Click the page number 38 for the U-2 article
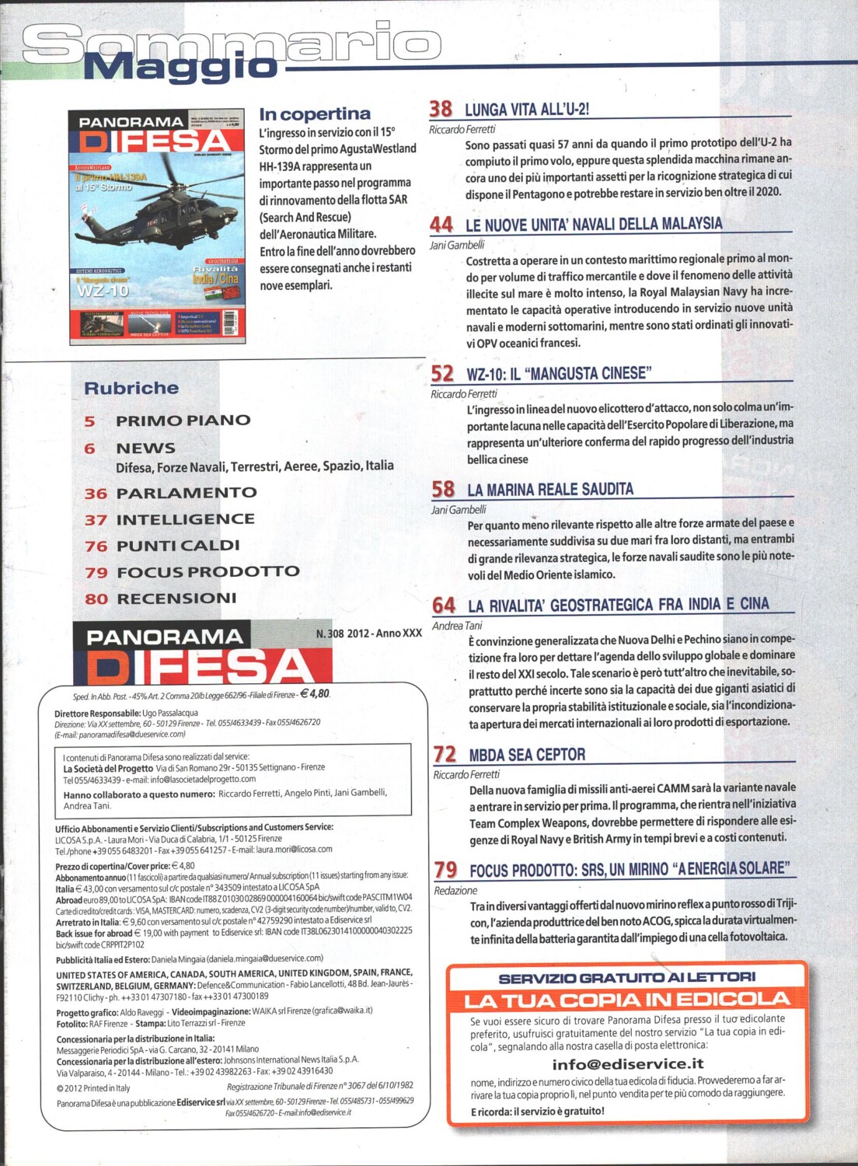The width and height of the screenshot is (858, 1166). pos(441,109)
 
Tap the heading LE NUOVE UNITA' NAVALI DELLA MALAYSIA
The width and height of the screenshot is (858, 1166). pos(594,225)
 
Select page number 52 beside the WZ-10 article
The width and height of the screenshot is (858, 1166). pos(442,374)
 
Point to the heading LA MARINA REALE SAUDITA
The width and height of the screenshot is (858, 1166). pos(550,490)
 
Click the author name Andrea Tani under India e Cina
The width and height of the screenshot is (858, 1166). pos(457,626)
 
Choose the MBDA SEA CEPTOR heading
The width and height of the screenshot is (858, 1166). pos(527,755)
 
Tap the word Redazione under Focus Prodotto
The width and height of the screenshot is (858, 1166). pos(455,891)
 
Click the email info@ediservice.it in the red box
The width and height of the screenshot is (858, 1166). pos(627,1064)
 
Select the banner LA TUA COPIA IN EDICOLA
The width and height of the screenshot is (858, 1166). pos(626,1000)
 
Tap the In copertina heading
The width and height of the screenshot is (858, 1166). pos(315,114)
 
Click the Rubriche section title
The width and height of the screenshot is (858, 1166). pos(131,388)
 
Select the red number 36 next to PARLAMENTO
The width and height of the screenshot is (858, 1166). pos(96,494)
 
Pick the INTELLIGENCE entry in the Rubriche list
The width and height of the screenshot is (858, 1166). pos(185,519)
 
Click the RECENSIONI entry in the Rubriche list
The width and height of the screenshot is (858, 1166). pos(176,599)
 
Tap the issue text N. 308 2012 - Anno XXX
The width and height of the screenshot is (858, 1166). pos(369,634)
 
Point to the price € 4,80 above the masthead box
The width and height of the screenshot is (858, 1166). pos(315,694)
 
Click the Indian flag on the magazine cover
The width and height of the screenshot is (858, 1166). pos(211,294)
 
